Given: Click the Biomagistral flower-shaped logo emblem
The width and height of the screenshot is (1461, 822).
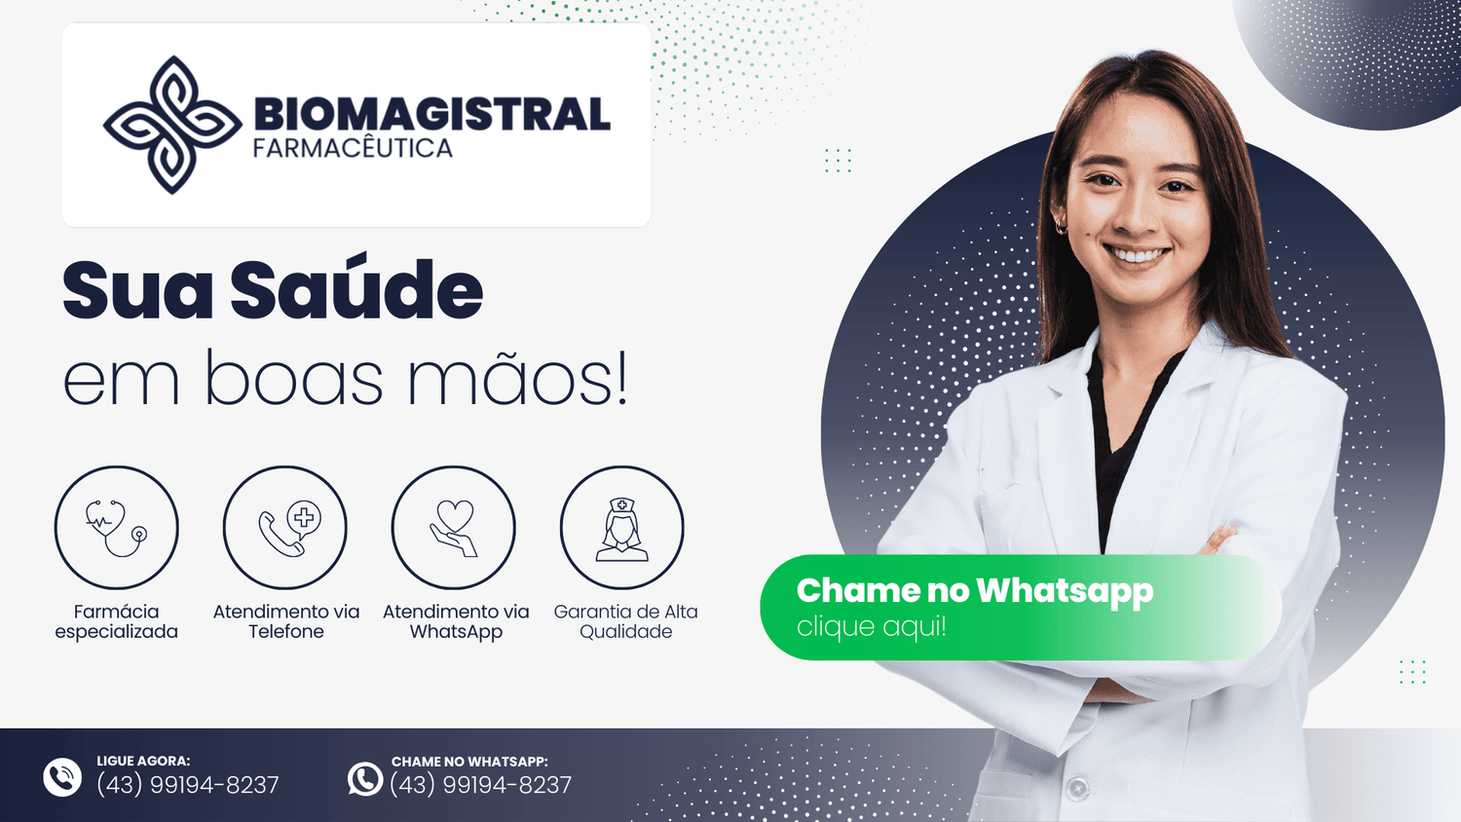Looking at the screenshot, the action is click(172, 125).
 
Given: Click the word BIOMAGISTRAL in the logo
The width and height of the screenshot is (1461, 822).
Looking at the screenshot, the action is click(431, 114).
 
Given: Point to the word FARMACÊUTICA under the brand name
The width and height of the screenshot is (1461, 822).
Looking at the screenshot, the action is click(353, 148).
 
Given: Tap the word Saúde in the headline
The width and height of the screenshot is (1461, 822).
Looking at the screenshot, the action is click(356, 289).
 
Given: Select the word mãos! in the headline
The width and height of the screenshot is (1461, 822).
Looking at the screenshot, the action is click(518, 377).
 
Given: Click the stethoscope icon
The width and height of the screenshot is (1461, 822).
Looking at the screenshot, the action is click(116, 527).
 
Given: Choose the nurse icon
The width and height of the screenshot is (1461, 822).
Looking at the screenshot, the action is click(622, 530).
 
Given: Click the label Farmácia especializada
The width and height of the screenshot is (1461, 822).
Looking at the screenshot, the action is click(116, 621).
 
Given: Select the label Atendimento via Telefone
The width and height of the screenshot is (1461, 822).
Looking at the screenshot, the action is click(285, 621).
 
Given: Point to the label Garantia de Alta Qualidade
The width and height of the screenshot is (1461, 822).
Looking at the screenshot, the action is click(625, 621).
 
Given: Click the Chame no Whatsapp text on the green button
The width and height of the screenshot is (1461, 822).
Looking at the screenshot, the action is click(975, 591).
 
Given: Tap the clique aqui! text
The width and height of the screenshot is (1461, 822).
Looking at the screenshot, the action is click(872, 626).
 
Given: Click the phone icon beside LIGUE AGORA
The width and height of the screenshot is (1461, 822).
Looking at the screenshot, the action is click(62, 777).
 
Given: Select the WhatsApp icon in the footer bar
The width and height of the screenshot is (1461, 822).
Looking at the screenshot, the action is click(364, 779).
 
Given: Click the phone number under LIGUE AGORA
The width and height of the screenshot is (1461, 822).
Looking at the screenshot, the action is click(188, 785).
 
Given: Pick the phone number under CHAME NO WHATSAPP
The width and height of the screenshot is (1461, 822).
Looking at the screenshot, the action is click(481, 785).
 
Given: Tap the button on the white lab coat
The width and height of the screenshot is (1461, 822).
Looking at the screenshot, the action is click(1077, 787).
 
